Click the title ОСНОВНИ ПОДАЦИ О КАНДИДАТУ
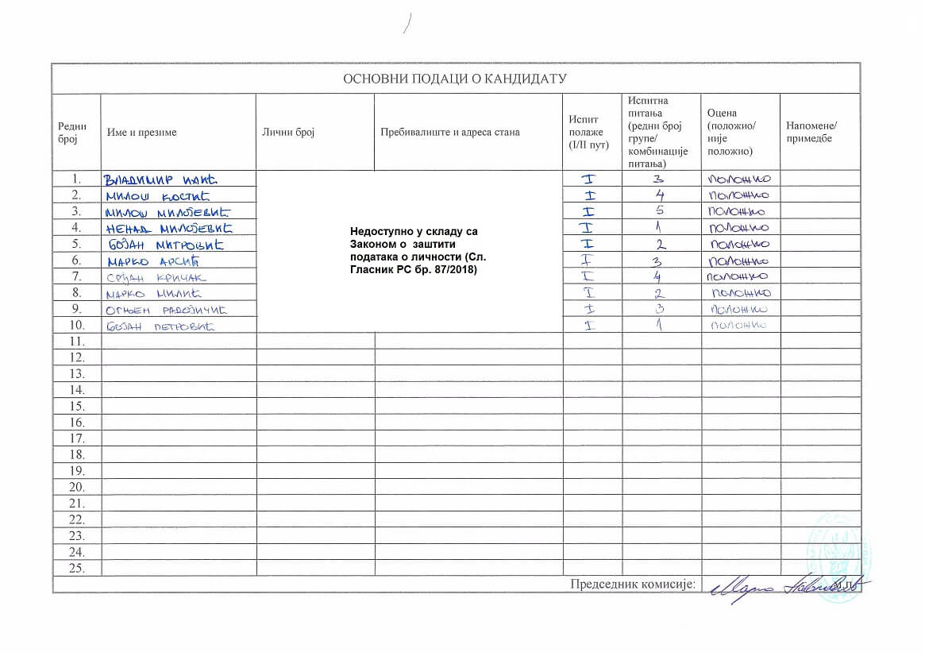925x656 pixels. point(455,79)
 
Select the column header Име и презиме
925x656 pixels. point(141,133)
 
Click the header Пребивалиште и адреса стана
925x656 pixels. point(449,133)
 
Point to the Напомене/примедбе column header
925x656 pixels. point(811,133)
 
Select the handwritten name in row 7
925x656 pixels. point(155,277)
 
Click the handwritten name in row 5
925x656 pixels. point(165,245)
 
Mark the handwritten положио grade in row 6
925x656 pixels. point(740,261)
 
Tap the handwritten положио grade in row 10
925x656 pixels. point(738,326)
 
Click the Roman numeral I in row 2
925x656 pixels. point(589,195)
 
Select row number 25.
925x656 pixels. point(77,568)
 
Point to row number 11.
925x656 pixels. point(77,341)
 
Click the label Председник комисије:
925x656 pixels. point(633,585)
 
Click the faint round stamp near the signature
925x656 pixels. point(837,556)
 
